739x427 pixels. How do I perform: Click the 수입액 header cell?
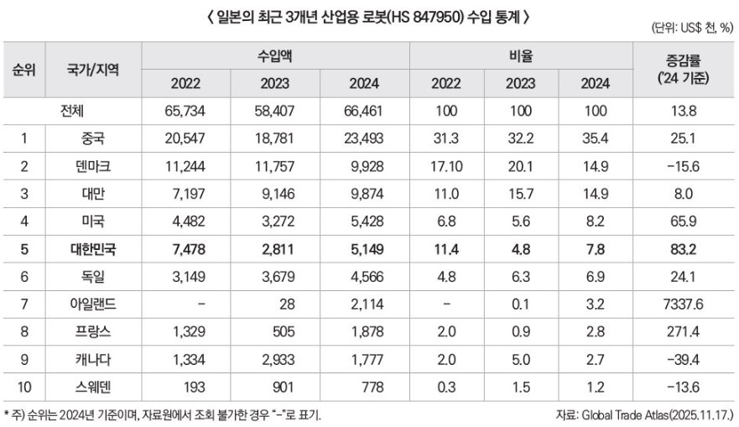274,55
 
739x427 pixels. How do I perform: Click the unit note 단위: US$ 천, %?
691,29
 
